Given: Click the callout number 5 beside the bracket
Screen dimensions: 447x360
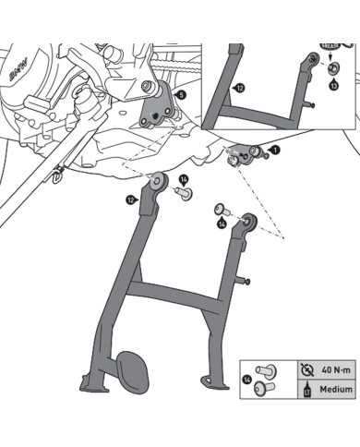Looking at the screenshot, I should pyautogui.click(x=179, y=95).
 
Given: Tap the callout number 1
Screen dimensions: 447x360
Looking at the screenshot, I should pyautogui.click(x=274, y=149).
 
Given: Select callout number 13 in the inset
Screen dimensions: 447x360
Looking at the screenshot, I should pyautogui.click(x=333, y=84).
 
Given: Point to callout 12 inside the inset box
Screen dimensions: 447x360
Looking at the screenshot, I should pyautogui.click(x=239, y=88).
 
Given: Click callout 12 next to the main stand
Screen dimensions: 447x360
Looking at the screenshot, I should pyautogui.click(x=131, y=199).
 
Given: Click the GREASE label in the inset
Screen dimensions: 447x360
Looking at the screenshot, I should pyautogui.click(x=329, y=44).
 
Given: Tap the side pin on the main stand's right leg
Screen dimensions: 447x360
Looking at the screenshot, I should pyautogui.click(x=246, y=281).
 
